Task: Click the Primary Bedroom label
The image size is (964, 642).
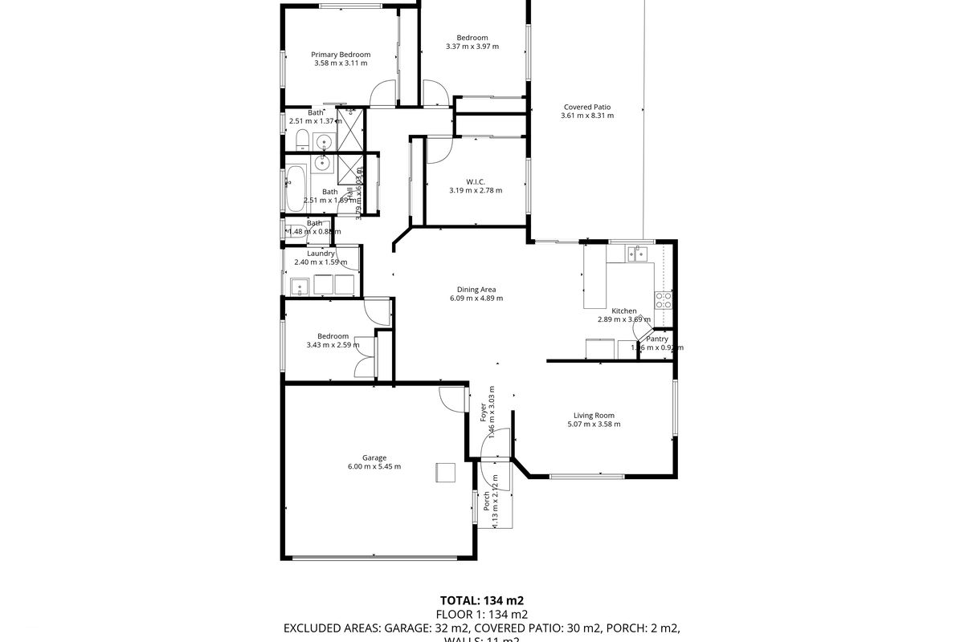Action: [x=341, y=55]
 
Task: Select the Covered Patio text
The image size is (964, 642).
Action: [x=586, y=107]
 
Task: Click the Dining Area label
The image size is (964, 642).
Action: [x=476, y=290]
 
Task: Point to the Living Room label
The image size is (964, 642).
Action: [x=594, y=416]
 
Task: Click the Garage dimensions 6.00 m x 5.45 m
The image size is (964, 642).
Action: [x=374, y=466]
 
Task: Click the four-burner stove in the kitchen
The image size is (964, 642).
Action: [x=664, y=299]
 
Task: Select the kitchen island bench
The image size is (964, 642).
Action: [x=594, y=277]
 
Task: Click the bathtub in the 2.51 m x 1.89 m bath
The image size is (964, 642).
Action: [x=293, y=189]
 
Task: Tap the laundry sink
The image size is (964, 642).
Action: [x=298, y=285]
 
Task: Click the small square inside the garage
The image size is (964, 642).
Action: [x=445, y=473]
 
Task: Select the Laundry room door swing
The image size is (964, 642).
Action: [x=349, y=256]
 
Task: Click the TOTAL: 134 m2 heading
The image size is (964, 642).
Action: [x=481, y=599]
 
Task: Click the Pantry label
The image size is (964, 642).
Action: [x=657, y=339]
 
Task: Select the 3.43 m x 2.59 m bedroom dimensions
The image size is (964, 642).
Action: [x=333, y=345]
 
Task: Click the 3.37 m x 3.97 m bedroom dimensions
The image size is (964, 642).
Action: [x=472, y=47]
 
